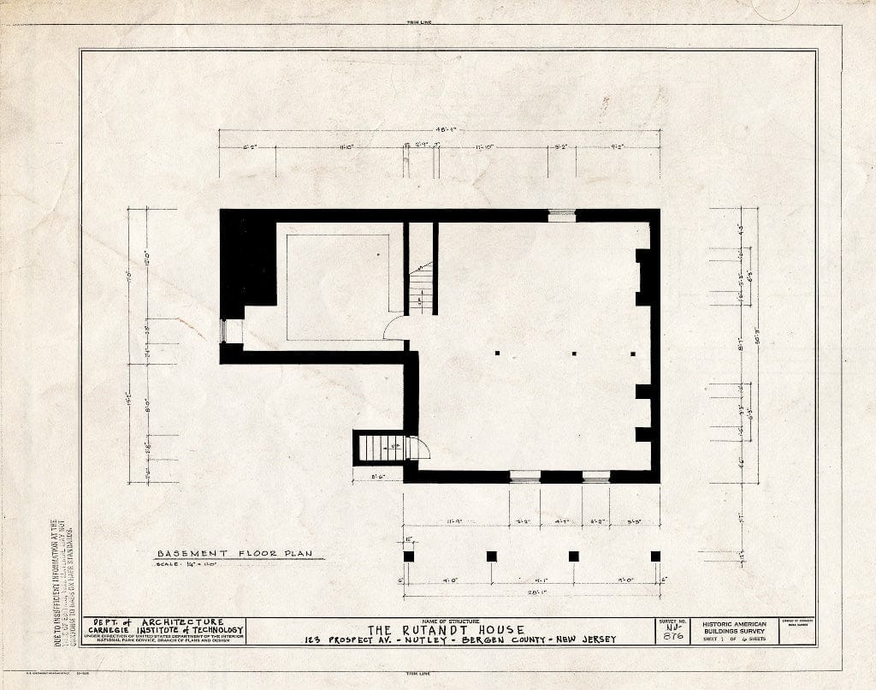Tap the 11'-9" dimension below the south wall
pyautogui.click(x=456, y=520)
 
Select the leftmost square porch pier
pyautogui.click(x=409, y=556)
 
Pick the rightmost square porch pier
pyautogui.click(x=655, y=556)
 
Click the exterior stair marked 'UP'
pyautogui.click(x=381, y=447)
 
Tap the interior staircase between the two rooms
pyautogui.click(x=420, y=289)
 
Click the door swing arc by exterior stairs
pyautogui.click(x=419, y=448)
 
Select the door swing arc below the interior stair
pyautogui.click(x=394, y=327)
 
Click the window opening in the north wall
pyautogui.click(x=562, y=216)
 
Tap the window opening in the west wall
pyautogui.click(x=226, y=331)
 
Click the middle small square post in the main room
pyautogui.click(x=573, y=353)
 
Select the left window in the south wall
pyautogui.click(x=524, y=476)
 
